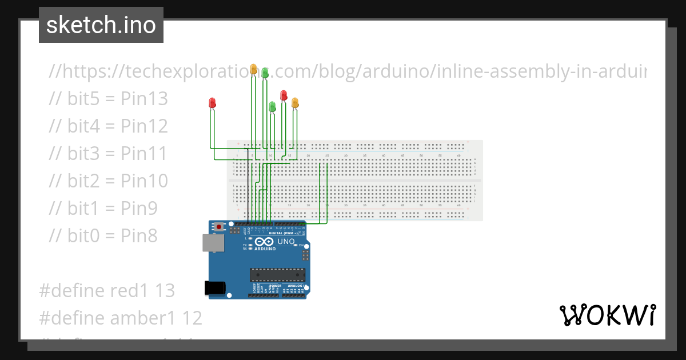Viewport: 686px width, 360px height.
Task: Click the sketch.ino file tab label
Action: tap(101, 25)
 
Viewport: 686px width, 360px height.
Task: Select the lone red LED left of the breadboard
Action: tap(212, 103)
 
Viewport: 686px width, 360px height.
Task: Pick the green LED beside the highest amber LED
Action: tap(265, 73)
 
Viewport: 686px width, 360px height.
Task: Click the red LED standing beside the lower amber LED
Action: tap(284, 95)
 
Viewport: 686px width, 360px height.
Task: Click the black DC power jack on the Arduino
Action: tap(214, 287)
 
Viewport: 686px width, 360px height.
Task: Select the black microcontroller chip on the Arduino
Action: tap(277, 274)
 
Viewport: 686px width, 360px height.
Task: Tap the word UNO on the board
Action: tap(286, 242)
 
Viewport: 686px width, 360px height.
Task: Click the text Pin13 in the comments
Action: tap(144, 99)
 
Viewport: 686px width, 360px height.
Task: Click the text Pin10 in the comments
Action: tap(144, 181)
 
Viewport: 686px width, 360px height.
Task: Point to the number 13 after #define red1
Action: tap(165, 290)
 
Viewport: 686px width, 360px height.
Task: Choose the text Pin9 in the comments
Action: tap(139, 208)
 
